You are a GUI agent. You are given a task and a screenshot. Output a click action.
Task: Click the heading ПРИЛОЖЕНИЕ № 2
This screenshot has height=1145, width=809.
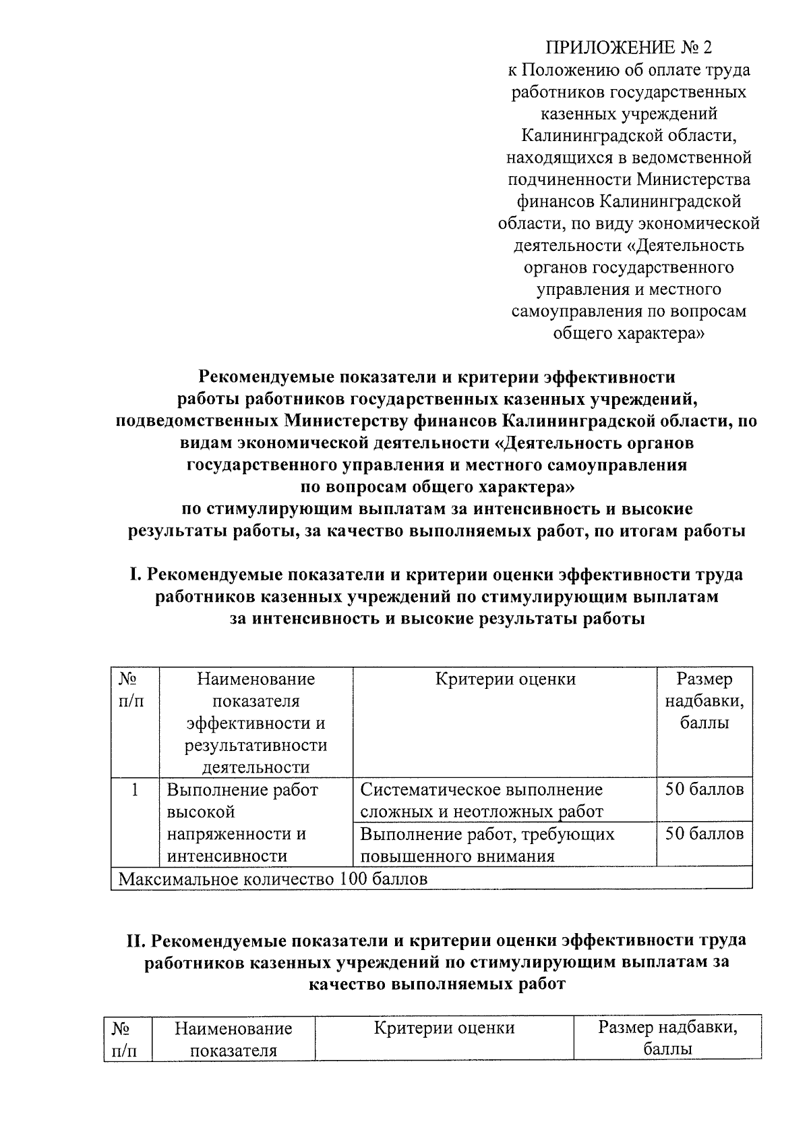click(x=628, y=48)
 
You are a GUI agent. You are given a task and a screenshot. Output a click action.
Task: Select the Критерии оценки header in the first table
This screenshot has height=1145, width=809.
click(x=505, y=679)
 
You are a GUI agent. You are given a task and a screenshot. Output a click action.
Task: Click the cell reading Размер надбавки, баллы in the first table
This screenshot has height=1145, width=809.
click(x=704, y=702)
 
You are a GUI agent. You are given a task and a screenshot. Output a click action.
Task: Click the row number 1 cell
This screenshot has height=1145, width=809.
click(x=135, y=789)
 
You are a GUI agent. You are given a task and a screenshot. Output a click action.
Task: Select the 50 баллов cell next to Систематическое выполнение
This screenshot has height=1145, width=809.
click(x=704, y=789)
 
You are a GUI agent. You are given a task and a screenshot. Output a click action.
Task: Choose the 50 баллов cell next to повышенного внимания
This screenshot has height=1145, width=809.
click(x=704, y=835)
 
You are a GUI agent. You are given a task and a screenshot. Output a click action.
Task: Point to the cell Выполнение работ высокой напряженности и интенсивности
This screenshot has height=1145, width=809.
click(x=242, y=822)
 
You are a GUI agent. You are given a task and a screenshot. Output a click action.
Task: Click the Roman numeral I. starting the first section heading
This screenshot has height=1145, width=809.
click(x=134, y=575)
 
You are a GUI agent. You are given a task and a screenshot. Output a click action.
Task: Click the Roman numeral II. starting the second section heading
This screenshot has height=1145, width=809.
click(x=137, y=941)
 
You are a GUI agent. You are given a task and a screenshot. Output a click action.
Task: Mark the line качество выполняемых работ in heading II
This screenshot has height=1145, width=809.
click(x=437, y=984)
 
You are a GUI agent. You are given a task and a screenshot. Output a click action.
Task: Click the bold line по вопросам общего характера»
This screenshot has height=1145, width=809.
click(x=437, y=486)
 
